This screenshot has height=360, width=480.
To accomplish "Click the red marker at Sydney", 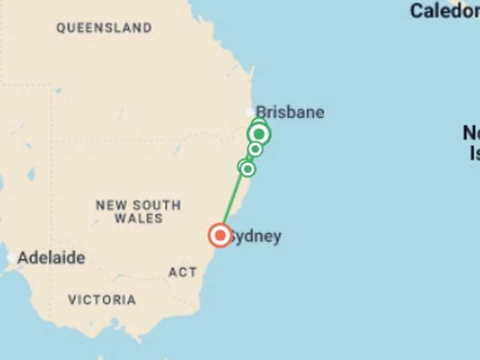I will click(220, 236).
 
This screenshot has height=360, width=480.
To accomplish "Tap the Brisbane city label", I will click(291, 112).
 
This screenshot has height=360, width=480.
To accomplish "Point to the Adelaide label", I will click(51, 257).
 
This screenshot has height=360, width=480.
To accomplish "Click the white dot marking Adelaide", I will click(11, 257).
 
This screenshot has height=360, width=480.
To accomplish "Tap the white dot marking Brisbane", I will click(250, 112).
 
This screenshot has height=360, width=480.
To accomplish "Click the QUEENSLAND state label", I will click(104, 28).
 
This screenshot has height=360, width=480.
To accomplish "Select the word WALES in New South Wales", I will click(139, 219).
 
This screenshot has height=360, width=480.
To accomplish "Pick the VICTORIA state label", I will click(102, 300).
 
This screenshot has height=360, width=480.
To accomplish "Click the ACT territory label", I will click(182, 272).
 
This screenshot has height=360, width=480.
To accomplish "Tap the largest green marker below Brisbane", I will click(259, 134).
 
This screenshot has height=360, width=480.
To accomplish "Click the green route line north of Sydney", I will click(234, 200).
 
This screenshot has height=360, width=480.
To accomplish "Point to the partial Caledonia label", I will click(444, 11).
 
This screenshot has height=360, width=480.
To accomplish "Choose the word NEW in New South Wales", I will click(110, 205).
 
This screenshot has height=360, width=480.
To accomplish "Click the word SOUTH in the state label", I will click(157, 205).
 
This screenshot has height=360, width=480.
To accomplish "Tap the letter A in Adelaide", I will click(24, 257).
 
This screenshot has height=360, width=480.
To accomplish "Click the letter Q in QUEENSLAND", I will click(61, 28).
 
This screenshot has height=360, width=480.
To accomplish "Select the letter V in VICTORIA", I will click(72, 300).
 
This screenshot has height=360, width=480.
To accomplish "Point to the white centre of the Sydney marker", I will click(220, 236).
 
